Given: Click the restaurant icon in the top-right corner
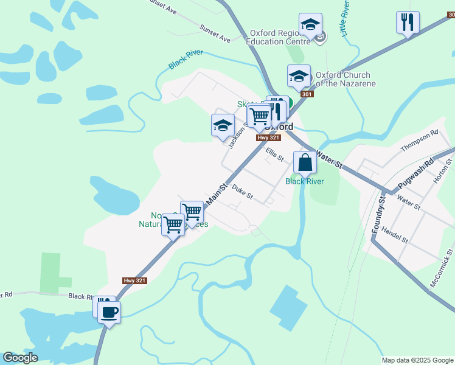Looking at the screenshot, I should [x=407, y=23].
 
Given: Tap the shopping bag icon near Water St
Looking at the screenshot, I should [x=305, y=163].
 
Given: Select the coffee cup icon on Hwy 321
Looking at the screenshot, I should [x=109, y=313].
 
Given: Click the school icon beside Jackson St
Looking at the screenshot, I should [x=223, y=126].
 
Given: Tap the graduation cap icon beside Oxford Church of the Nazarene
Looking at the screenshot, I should [x=299, y=77].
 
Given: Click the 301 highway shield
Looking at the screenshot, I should [x=307, y=94].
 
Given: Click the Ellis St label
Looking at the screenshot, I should [x=274, y=155].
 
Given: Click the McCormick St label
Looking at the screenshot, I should [x=442, y=268].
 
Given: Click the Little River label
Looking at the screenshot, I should [x=346, y=18].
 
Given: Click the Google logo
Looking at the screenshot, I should [x=20, y=358].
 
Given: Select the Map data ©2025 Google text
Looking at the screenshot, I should [x=417, y=360].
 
